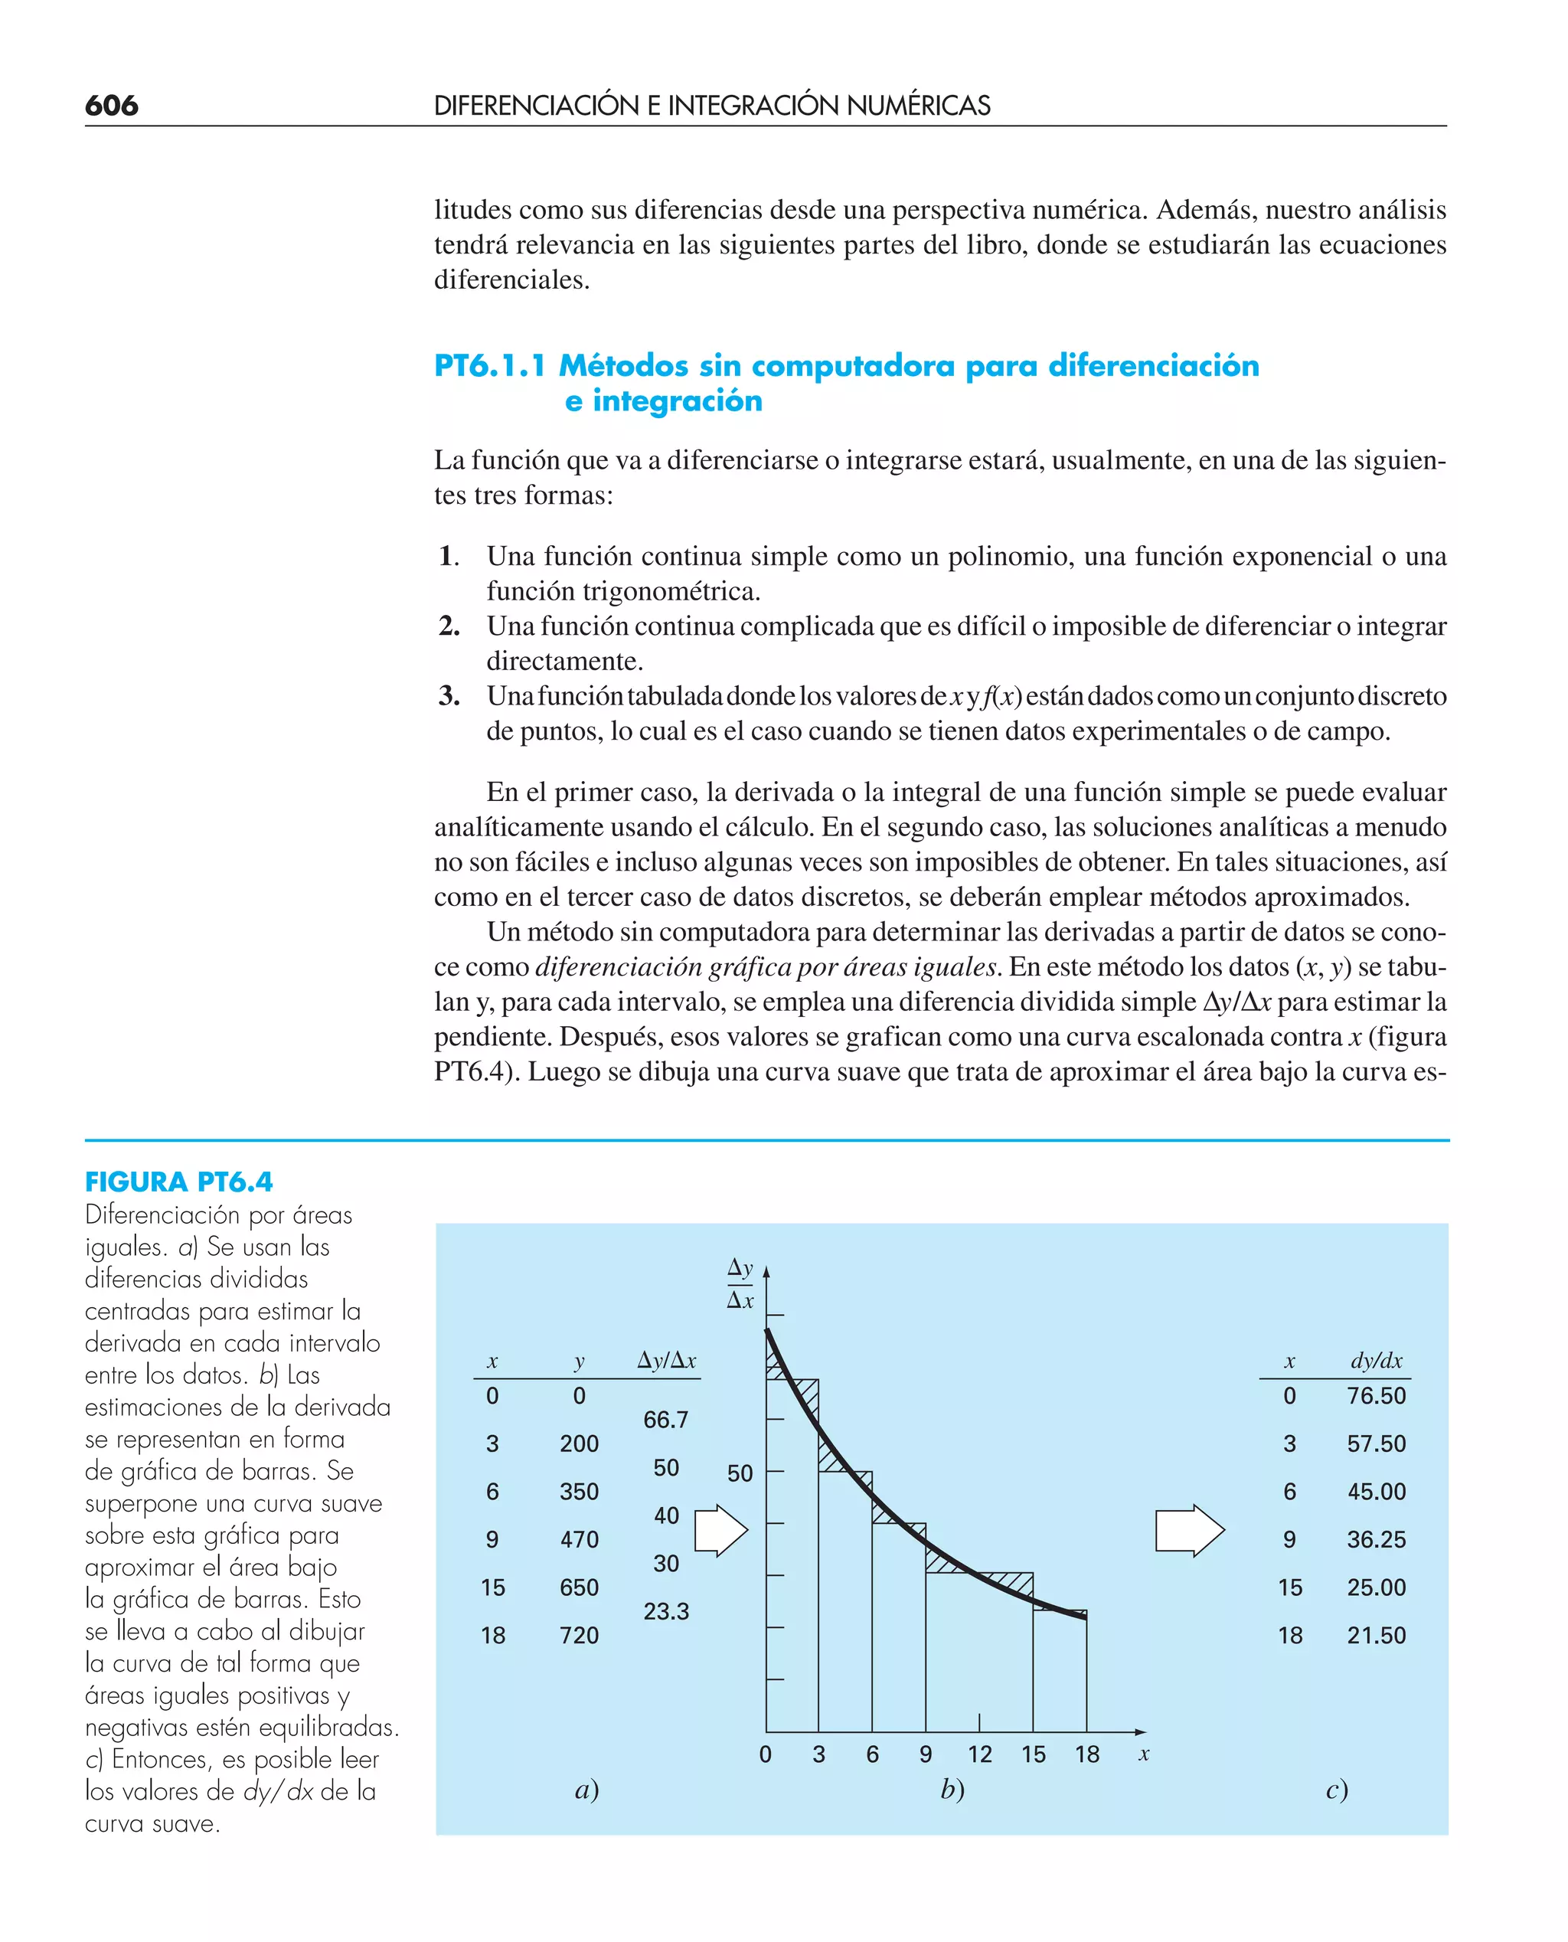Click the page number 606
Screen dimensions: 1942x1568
point(111,106)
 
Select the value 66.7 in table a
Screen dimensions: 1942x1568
point(665,1420)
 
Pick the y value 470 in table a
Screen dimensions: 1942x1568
point(578,1539)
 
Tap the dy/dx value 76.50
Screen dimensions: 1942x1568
point(1376,1395)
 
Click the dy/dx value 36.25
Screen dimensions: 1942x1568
point(1376,1539)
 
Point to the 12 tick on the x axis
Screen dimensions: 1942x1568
point(979,1754)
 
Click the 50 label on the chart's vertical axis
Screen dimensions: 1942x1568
point(740,1474)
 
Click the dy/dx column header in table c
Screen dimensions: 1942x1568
point(1376,1360)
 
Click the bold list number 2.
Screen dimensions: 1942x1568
point(449,626)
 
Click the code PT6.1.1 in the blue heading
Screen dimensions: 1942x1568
point(489,366)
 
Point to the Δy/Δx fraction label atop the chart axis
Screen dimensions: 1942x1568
point(740,1283)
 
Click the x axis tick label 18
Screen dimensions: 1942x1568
point(1086,1754)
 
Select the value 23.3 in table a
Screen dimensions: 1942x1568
point(665,1611)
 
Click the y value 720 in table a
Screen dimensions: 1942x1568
point(578,1635)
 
